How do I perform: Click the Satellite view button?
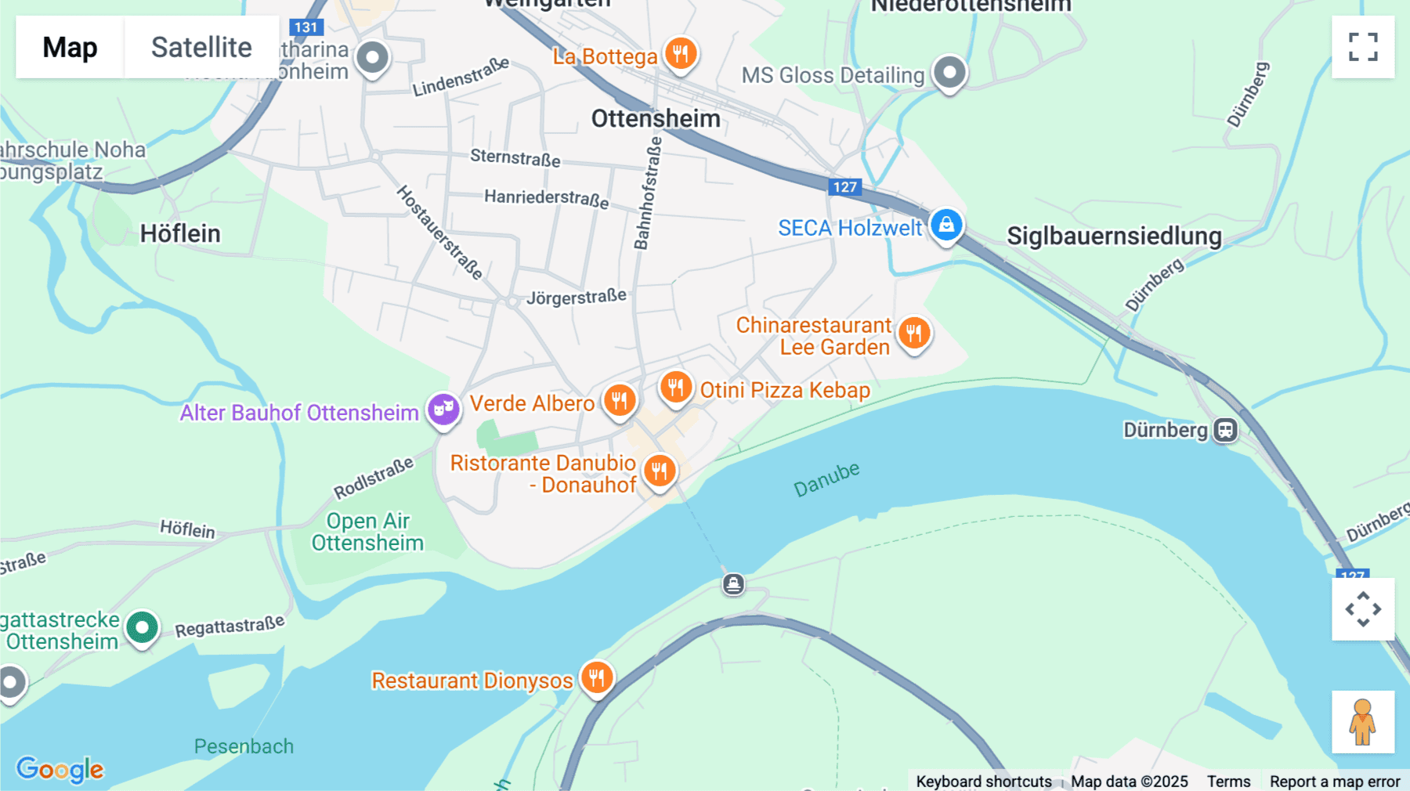pyautogui.click(x=201, y=47)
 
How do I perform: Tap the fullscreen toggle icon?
pyautogui.click(x=1363, y=47)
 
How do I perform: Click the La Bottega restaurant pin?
pyautogui.click(x=681, y=54)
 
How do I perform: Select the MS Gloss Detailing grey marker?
pyautogui.click(x=949, y=73)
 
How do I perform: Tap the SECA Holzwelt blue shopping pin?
pyautogui.click(x=946, y=226)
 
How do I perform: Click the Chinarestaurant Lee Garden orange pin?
pyautogui.click(x=913, y=334)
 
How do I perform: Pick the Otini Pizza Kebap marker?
pyautogui.click(x=675, y=388)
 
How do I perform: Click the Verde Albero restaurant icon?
pyautogui.click(x=620, y=401)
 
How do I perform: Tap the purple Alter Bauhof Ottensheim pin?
pyautogui.click(x=443, y=410)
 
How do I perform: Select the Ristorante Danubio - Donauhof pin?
pyautogui.click(x=660, y=471)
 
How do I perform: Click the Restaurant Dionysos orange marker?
pyautogui.click(x=597, y=678)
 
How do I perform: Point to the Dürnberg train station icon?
pyautogui.click(x=1225, y=430)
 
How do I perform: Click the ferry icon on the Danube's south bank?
pyautogui.click(x=733, y=584)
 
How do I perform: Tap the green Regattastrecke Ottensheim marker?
pyautogui.click(x=142, y=628)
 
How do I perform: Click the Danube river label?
pyautogui.click(x=826, y=479)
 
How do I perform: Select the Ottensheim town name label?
pyautogui.click(x=656, y=119)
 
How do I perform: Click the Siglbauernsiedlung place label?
pyautogui.click(x=1114, y=236)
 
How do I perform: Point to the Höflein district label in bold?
pyautogui.click(x=180, y=233)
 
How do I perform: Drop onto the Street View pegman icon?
pyautogui.click(x=1362, y=722)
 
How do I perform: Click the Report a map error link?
pyautogui.click(x=1335, y=782)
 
